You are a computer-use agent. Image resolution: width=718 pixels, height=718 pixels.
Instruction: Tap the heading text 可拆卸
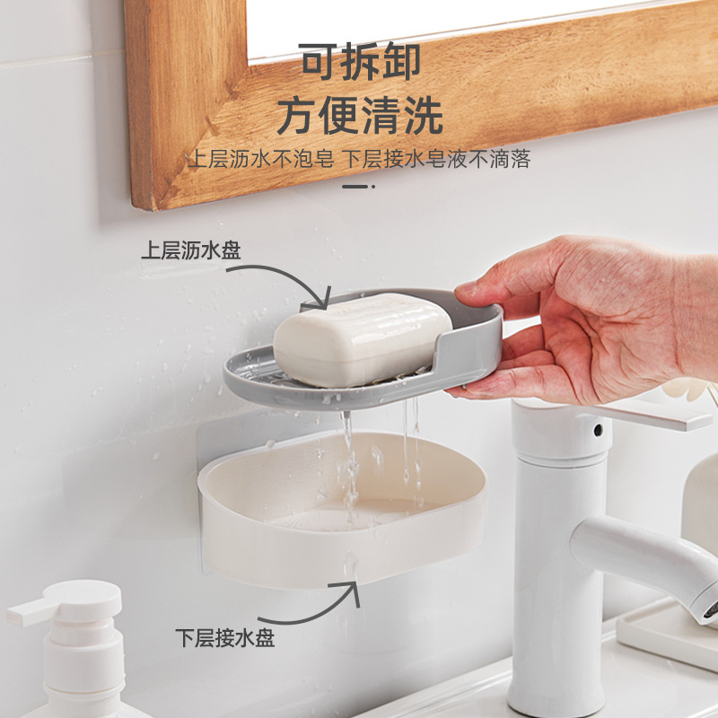click(x=360, y=63)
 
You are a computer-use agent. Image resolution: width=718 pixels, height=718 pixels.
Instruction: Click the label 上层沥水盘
click(x=190, y=250)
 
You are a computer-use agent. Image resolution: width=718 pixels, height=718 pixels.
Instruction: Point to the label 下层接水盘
click(x=224, y=638)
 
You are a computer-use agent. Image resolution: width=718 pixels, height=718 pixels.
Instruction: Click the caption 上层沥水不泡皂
click(x=261, y=160)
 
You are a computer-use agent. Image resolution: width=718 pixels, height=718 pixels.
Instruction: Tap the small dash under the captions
click(x=358, y=187)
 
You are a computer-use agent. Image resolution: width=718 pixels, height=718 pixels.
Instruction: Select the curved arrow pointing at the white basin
click(x=305, y=601)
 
